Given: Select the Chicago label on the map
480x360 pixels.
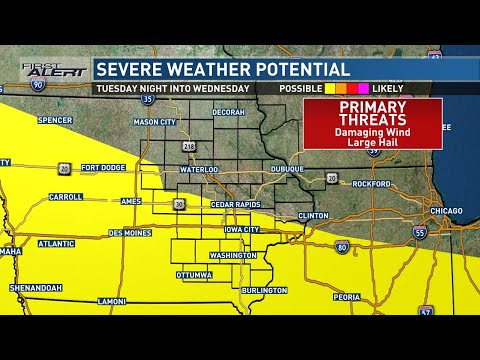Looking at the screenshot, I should pyautogui.click(x=446, y=211).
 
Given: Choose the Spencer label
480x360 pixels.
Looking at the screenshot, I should pyautogui.click(x=54, y=120).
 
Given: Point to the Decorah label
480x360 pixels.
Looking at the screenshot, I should pyautogui.click(x=228, y=112).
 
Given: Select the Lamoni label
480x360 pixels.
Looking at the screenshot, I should pyautogui.click(x=112, y=301).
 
